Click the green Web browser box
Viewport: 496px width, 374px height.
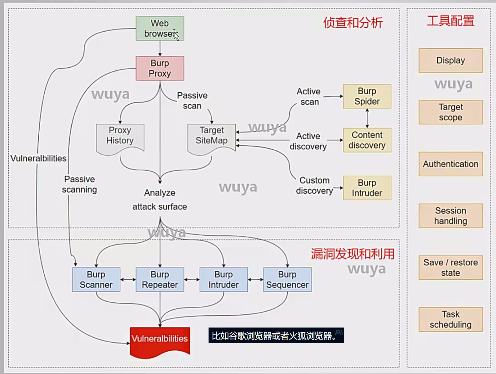[x=160, y=29]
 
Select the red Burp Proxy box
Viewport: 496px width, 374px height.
[x=160, y=68]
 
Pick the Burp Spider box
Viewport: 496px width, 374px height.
[x=367, y=96]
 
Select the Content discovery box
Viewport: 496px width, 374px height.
[x=367, y=140]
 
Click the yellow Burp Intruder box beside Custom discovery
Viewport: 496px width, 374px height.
[x=367, y=188]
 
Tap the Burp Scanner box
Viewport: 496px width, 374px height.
[x=96, y=280]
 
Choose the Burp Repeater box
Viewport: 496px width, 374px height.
[x=160, y=280]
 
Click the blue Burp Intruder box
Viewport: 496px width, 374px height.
[x=224, y=280]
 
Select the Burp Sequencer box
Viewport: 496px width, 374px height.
[x=287, y=280]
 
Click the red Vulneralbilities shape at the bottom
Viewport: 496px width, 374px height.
[x=160, y=340]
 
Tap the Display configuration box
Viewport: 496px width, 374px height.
[x=451, y=60]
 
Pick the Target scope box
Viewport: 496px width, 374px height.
[x=451, y=112]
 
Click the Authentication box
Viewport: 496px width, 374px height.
[x=451, y=164]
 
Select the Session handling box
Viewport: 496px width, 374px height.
[x=451, y=216]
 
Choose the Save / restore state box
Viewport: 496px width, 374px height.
[x=451, y=268]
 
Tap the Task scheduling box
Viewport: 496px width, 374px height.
[x=451, y=319]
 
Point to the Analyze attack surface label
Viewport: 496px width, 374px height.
[x=160, y=200]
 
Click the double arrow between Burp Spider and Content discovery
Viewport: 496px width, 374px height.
[x=367, y=118]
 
